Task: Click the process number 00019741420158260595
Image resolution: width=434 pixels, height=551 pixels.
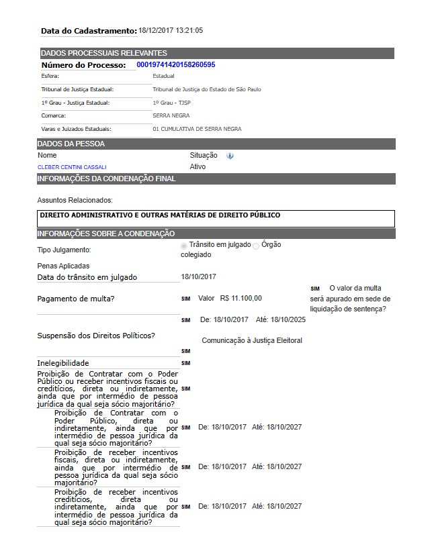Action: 175,64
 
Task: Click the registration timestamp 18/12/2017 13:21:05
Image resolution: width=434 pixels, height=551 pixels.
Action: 171,30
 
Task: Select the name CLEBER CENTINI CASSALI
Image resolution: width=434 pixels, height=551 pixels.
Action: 72,167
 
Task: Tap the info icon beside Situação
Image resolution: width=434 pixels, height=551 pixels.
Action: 230,156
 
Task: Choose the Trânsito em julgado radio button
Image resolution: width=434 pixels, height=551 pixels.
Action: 185,246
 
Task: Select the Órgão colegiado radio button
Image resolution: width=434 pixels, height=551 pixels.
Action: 255,246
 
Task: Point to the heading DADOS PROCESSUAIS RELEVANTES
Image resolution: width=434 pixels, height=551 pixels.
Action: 104,53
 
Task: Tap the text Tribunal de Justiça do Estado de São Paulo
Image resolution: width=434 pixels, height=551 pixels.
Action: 207,89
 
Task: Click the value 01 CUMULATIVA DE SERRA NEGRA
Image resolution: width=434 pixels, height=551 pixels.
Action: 197,129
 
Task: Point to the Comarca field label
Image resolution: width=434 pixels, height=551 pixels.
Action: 53,115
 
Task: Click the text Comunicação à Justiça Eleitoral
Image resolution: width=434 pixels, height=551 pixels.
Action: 252,340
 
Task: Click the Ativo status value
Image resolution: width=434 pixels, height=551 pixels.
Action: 198,166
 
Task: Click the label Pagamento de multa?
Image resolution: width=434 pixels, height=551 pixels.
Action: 75,299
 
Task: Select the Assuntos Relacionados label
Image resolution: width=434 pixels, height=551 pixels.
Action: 75,200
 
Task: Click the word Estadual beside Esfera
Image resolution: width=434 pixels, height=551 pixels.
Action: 163,76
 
